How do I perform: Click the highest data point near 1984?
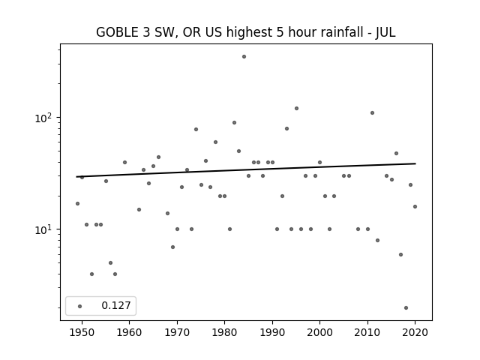pos(244,57)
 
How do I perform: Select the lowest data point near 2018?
pos(406,308)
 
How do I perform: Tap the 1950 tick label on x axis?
pos(82,332)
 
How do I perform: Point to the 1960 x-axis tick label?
pos(129,332)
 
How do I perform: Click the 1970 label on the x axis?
pos(177,332)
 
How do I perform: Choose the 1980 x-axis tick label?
pos(224,332)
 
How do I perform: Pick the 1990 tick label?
pos(272,332)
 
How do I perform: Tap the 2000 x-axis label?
pos(319,332)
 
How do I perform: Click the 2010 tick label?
pos(367,332)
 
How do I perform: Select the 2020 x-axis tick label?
pos(415,332)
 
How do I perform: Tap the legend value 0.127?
pos(116,305)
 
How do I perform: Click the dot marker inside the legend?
pos(80,306)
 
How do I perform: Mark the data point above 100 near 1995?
pos(296,108)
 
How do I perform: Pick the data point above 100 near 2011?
pos(372,113)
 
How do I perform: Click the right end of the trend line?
pos(415,163)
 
